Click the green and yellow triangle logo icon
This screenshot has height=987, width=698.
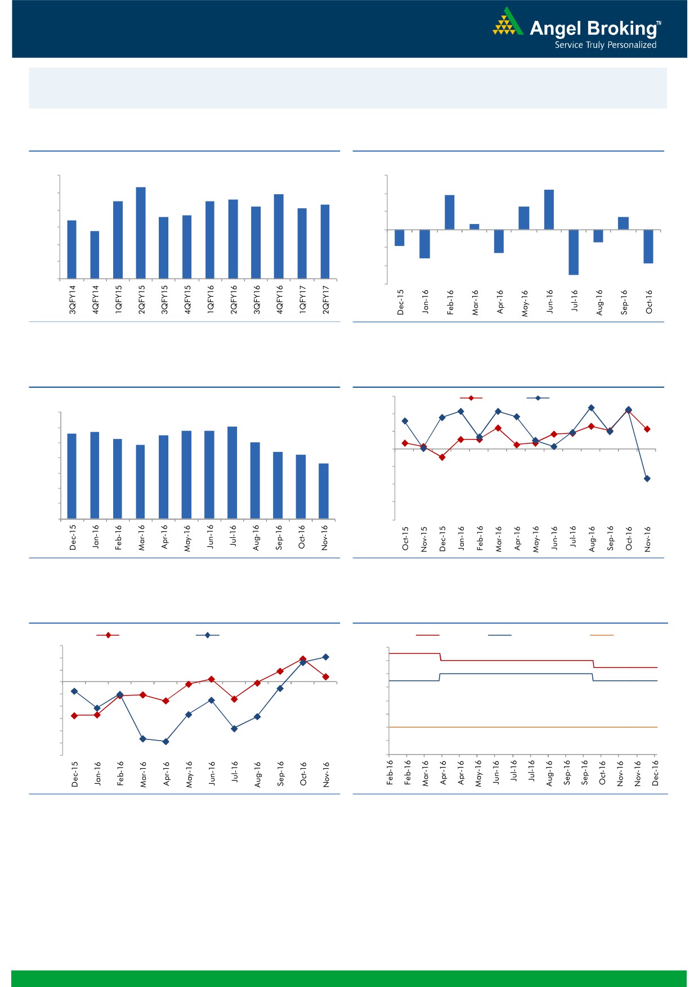point(507,23)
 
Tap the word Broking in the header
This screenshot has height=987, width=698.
point(622,28)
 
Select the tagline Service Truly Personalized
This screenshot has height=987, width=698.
point(605,45)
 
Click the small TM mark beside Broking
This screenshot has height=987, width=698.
point(659,24)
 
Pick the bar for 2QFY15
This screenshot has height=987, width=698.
point(141,232)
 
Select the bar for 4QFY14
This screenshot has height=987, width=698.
point(95,254)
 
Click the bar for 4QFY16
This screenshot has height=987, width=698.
point(279,236)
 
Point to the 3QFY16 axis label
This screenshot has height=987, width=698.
point(257,299)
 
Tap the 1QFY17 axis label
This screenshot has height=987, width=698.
point(302,299)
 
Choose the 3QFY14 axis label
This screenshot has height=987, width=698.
point(72,299)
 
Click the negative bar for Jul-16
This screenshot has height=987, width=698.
point(574,252)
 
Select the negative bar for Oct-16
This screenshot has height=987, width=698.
point(648,246)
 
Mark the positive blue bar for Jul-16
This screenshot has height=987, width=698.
point(232,473)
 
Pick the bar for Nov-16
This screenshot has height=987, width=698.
point(324,491)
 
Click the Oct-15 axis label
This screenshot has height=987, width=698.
point(405,539)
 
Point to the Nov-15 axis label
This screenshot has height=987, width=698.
point(424,539)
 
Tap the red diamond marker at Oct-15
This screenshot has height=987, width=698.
point(405,443)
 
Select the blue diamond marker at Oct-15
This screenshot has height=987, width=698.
point(405,421)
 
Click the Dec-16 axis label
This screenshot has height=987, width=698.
point(655,773)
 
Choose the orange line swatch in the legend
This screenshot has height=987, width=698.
point(601,635)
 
